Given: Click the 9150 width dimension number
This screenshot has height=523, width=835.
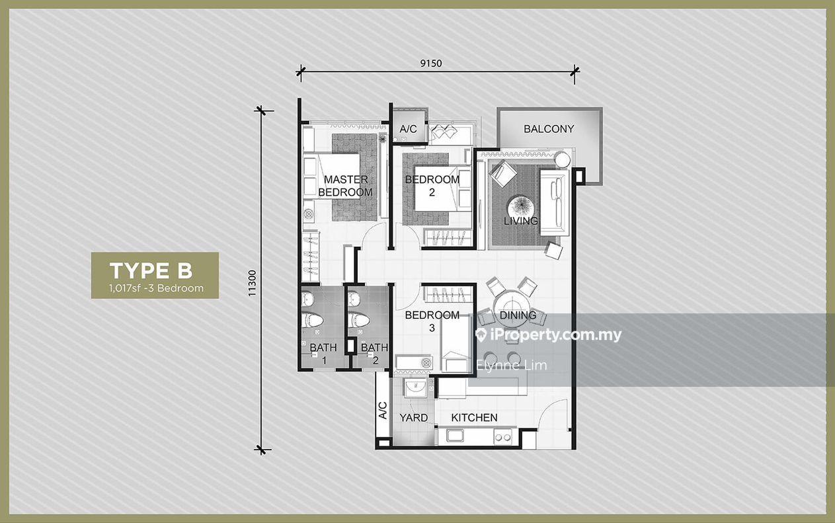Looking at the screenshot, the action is point(431,63).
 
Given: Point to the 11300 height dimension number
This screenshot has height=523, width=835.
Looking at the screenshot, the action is point(253,283).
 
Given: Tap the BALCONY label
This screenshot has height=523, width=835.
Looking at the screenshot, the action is point(549,129).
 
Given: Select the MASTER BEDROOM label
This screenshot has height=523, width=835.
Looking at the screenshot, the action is point(346,186).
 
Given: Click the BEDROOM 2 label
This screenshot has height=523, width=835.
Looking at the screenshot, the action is point(432,186).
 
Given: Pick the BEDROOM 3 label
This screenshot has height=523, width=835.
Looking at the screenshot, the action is point(432,321).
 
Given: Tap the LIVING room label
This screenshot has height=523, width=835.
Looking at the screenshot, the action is point(521,221).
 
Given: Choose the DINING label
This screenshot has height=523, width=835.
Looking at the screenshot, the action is point(518,315).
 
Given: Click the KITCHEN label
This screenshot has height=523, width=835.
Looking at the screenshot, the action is point(474,417).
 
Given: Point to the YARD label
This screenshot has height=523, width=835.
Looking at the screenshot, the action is point(413,417).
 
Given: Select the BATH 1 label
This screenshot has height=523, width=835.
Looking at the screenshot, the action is point(323,354).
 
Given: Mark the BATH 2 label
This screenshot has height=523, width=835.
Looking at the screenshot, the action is point(375,354).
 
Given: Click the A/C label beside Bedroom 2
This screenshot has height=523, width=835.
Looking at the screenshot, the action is point(408,130).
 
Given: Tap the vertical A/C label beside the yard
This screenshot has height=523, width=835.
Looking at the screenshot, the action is point(383,411).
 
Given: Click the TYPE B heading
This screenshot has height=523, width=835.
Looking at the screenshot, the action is point(151,270).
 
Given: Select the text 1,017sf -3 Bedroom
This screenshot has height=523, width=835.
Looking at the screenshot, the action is point(157,288).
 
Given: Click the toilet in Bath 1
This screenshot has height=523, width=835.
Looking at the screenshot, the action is point(312,320).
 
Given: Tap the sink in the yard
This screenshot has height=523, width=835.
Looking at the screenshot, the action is point(415,388).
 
